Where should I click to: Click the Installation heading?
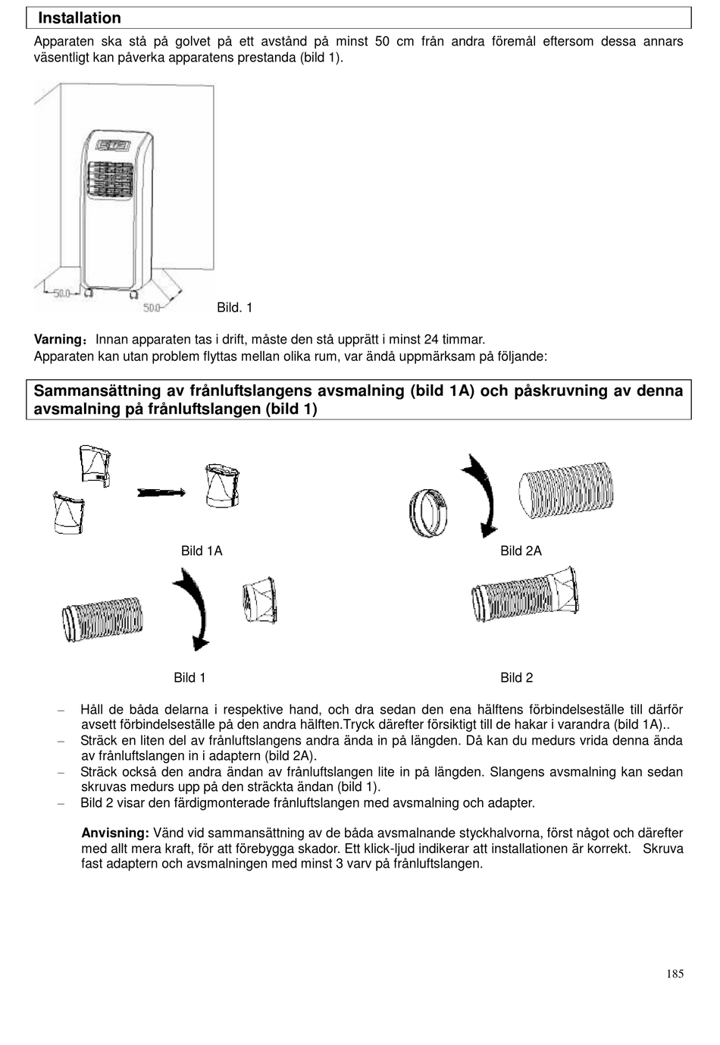(80, 18)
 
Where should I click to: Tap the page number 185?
(675, 974)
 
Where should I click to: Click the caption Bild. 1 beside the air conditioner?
(234, 307)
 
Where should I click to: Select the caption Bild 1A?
(202, 551)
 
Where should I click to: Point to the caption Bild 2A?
(521, 551)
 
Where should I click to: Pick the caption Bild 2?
(516, 678)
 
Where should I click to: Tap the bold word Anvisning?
(114, 833)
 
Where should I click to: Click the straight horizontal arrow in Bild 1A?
(161, 493)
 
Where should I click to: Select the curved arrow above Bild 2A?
(481, 494)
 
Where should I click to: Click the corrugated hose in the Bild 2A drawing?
(566, 491)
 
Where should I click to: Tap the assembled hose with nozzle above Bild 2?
(524, 594)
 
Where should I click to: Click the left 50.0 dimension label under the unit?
(61, 293)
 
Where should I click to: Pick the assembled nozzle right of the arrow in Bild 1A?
(222, 486)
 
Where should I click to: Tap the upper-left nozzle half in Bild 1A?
(95, 464)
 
